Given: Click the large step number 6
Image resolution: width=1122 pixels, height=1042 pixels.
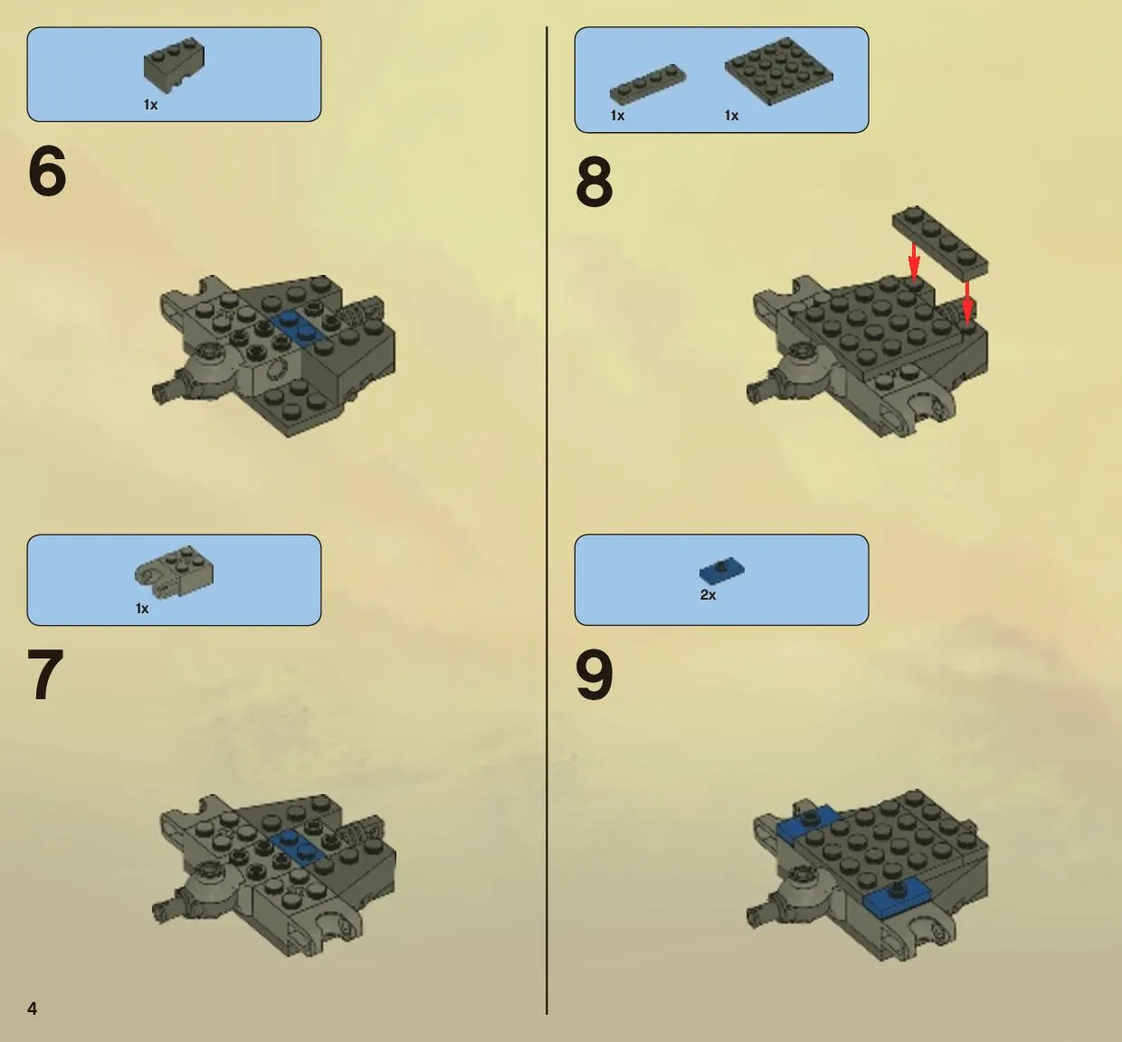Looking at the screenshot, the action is (x=47, y=171).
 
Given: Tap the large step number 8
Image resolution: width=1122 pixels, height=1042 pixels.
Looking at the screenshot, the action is (x=594, y=182).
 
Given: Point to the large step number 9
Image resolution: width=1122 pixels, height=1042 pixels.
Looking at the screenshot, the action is (x=594, y=675).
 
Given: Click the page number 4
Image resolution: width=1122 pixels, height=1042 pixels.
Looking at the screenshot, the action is (x=33, y=1009).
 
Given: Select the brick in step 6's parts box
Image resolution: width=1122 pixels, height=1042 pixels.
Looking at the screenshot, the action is (x=174, y=65).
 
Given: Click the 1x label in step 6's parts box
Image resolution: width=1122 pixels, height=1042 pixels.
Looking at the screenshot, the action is (x=150, y=105).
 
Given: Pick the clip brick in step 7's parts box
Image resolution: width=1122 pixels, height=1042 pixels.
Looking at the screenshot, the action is (x=174, y=572).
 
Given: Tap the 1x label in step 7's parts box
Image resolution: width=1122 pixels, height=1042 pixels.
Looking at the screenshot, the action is (x=142, y=608).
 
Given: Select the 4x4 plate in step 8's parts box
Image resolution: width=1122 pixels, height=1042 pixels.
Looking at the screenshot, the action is (x=778, y=70).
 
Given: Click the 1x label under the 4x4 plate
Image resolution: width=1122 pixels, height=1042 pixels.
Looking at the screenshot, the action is (x=731, y=115).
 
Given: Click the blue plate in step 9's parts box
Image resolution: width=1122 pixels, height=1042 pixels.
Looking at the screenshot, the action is (x=721, y=570).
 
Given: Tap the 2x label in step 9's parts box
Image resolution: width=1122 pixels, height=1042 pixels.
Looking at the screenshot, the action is (x=708, y=594).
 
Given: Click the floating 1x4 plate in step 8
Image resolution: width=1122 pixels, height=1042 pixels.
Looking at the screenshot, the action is (x=940, y=242).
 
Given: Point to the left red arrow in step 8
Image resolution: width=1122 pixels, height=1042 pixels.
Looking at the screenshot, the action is (x=914, y=260).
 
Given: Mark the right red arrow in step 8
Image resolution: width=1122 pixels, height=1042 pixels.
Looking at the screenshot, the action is (x=967, y=303).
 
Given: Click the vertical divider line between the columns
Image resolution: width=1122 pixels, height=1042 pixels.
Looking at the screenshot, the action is (x=547, y=520).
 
